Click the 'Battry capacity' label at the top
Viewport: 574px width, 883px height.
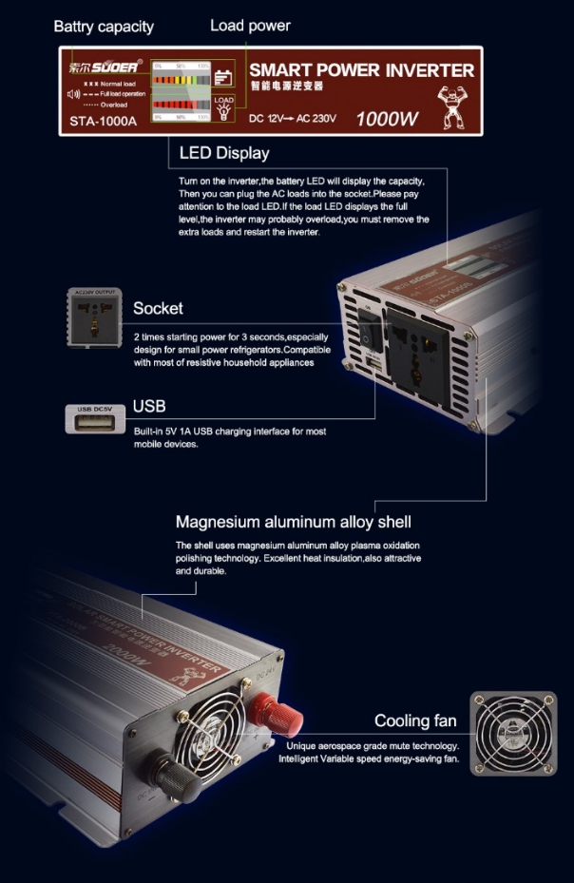[x=104, y=27]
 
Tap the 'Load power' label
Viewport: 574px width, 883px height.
[x=250, y=26]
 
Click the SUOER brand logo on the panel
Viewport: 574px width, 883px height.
[x=105, y=67]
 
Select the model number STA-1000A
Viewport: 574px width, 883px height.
[x=104, y=121]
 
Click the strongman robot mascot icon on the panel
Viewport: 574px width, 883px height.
[x=450, y=105]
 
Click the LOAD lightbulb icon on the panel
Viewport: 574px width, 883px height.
[x=223, y=107]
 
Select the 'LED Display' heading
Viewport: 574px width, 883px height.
[x=223, y=153]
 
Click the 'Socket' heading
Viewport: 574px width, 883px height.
[x=158, y=308]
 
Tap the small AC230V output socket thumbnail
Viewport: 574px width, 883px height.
[x=93, y=316]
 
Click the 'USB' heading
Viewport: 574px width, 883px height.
[x=149, y=407]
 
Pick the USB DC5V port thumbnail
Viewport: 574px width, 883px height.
[x=95, y=418]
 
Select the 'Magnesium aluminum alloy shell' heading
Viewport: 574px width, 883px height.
[x=293, y=522]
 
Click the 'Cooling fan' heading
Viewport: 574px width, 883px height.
[x=415, y=720]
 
